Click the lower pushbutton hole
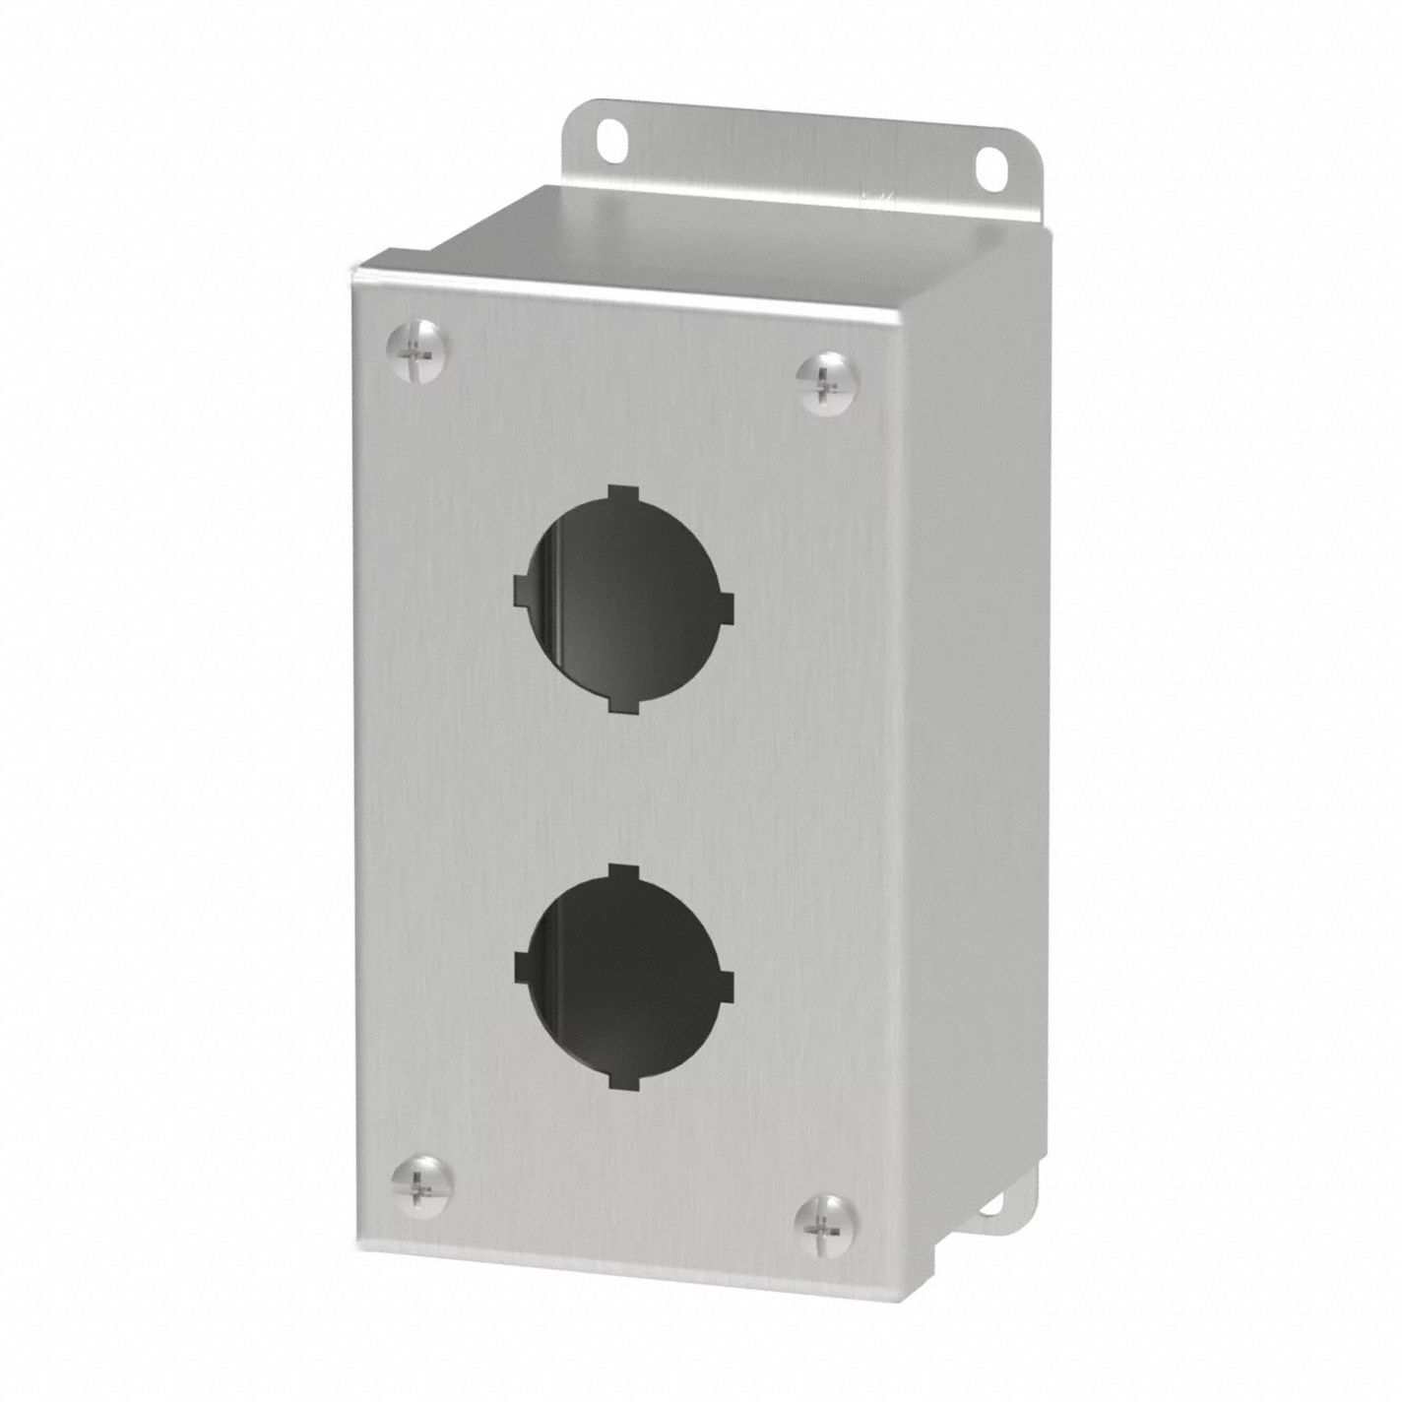pos(622,976)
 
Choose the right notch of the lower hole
pos(726,985)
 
